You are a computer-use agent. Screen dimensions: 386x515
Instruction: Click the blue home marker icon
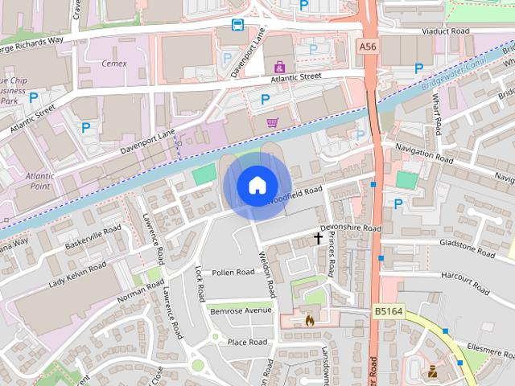coord(257,185)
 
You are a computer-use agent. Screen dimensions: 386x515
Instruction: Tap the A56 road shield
coord(367,48)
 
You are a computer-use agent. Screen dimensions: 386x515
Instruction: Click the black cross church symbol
coord(318,238)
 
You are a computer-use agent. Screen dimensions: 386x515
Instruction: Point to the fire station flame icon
coord(310,320)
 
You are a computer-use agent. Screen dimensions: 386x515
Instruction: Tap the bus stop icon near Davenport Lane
coord(238,25)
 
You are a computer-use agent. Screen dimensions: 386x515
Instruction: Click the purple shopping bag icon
coord(279,67)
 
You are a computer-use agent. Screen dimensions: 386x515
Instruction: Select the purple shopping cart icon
coord(272,123)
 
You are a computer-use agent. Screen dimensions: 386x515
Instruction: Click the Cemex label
coord(113,64)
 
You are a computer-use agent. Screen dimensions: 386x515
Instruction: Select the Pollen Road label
coord(233,273)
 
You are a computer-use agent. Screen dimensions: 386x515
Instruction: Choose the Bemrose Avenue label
coord(241,310)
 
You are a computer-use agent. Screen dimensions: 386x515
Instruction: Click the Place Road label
coord(247,342)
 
